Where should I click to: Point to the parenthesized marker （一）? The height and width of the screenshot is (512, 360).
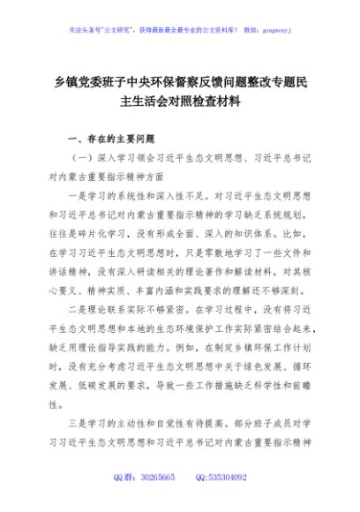(81, 159)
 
